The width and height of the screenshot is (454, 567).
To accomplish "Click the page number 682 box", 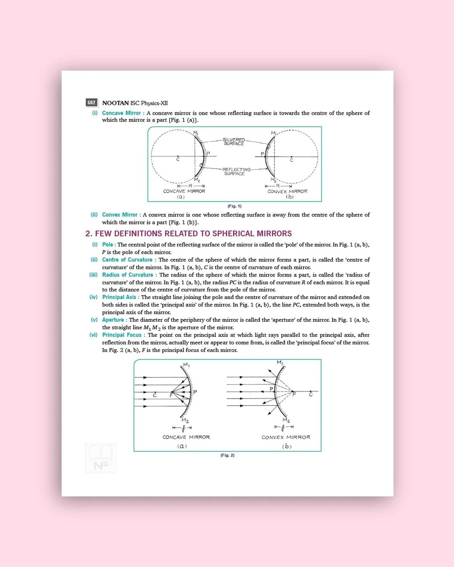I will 91,102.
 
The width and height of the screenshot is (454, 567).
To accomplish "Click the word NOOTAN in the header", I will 116,103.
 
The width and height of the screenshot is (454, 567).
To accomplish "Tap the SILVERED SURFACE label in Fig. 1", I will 234,142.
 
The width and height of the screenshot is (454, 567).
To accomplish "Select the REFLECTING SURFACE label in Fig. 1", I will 236,171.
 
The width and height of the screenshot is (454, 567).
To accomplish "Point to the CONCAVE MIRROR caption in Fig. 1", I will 184,191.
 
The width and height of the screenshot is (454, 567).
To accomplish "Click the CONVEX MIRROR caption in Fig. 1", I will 287,191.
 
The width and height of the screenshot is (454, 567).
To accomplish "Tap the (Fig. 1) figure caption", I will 235,206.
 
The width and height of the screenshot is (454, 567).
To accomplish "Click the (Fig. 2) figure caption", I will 227,455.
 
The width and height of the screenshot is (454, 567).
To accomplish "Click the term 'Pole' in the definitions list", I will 108,244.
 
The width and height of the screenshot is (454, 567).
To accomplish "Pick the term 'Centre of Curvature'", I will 127,260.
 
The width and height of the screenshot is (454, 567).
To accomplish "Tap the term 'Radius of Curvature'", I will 127,275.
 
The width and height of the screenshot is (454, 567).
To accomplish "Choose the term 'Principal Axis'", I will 119,297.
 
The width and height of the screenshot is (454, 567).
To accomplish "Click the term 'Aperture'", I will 113,320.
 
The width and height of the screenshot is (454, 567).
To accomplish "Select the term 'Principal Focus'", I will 122,335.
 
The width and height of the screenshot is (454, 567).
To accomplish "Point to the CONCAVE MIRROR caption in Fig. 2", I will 186,437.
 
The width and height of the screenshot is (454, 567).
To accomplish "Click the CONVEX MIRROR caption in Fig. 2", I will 286,437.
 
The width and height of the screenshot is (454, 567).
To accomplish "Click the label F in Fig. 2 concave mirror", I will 171,395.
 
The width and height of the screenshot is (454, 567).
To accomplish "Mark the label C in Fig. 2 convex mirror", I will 311,394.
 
